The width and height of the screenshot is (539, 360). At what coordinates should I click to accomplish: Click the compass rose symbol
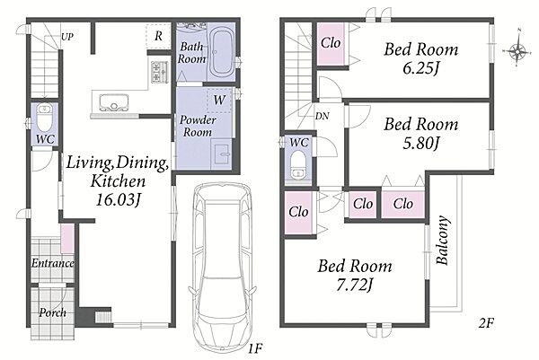tap(517, 50)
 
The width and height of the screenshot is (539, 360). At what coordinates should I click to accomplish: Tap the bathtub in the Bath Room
tap(222, 52)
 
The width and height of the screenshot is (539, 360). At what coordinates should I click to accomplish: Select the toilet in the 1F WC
tap(44, 118)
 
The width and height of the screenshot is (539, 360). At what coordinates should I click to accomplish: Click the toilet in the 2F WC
tap(297, 164)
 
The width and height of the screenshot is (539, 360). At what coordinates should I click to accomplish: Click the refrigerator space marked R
tap(158, 36)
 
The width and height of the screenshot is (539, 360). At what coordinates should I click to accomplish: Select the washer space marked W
tap(219, 100)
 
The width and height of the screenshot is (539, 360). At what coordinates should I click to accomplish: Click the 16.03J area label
tap(119, 200)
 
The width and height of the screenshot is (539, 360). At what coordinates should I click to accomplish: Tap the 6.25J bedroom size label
tap(420, 69)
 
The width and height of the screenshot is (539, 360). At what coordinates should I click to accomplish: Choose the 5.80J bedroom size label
tap(420, 144)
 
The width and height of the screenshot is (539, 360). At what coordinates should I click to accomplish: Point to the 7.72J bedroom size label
tap(355, 285)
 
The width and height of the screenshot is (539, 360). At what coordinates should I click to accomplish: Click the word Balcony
tap(443, 240)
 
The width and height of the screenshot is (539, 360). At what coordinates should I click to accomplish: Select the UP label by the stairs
tap(67, 37)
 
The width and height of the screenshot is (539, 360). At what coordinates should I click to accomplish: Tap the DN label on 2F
tap(323, 116)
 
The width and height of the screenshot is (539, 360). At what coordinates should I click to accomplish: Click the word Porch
tap(53, 312)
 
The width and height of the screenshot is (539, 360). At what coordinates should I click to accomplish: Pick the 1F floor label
tap(255, 349)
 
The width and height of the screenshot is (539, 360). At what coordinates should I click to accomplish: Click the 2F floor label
tap(486, 323)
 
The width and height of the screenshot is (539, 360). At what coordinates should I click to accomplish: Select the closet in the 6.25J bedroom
tap(331, 44)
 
